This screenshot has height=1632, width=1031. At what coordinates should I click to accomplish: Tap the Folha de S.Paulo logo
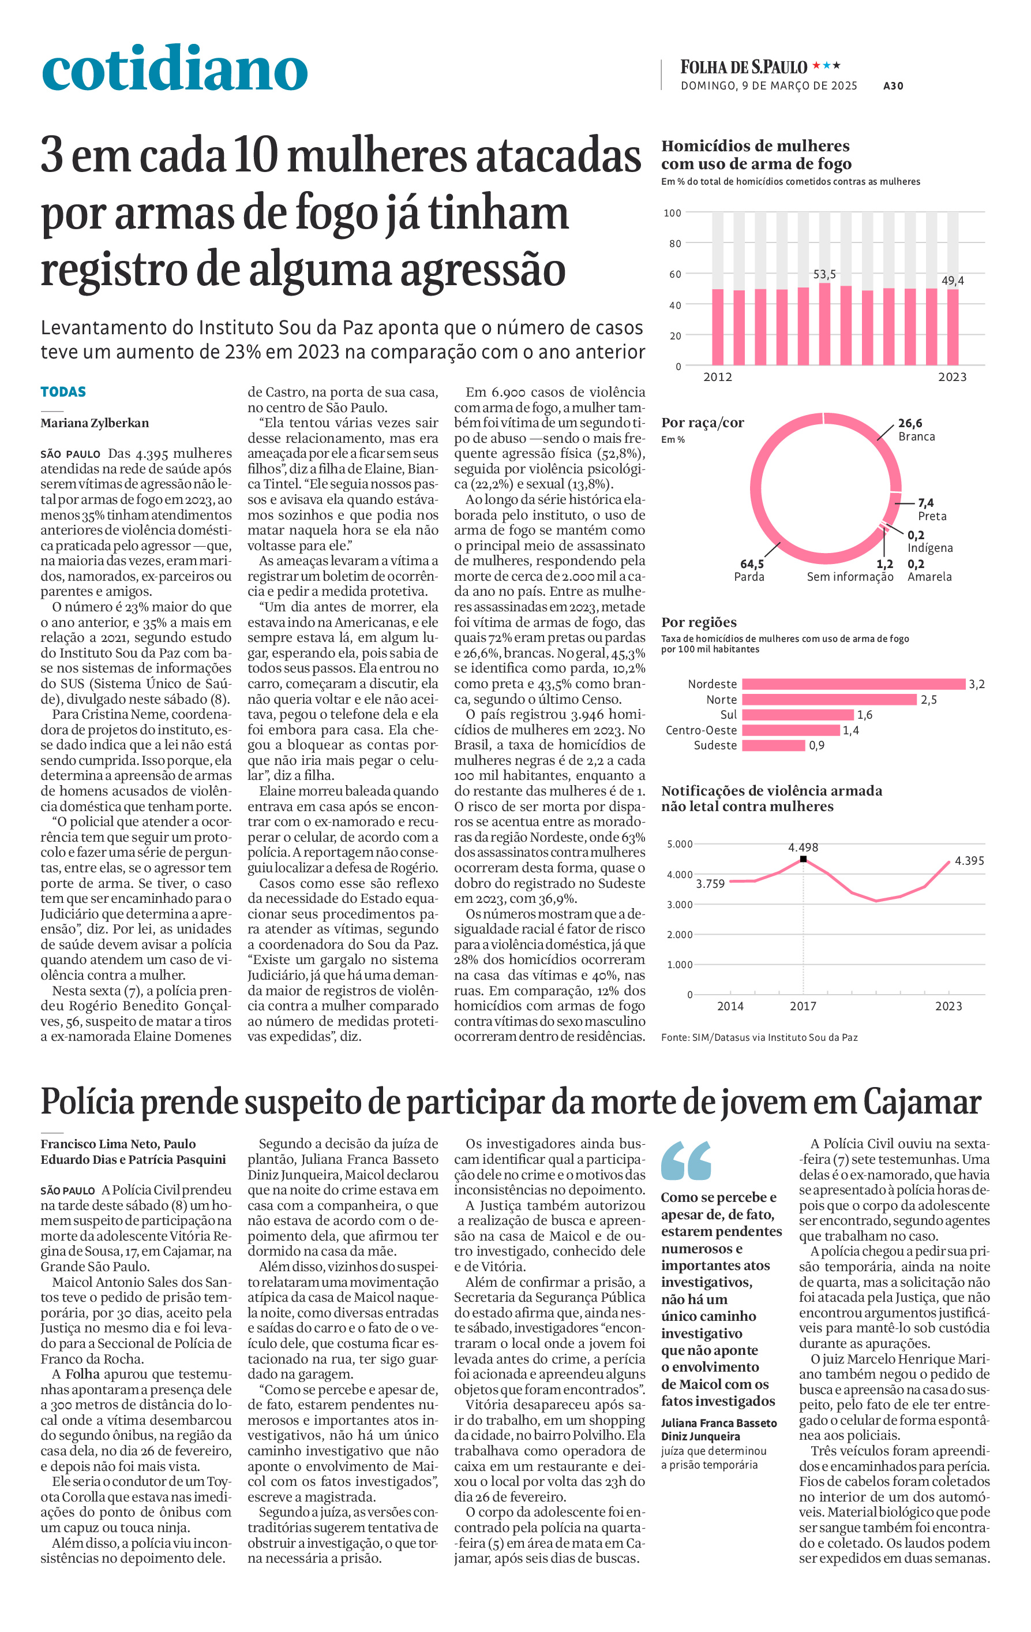pyautogui.click(x=744, y=67)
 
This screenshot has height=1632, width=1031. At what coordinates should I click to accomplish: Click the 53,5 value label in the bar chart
pyautogui.click(x=824, y=274)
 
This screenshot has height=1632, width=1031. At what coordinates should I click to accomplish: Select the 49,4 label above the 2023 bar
pyautogui.click(x=953, y=281)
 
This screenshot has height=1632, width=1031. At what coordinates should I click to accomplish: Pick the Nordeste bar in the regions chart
pyautogui.click(x=853, y=684)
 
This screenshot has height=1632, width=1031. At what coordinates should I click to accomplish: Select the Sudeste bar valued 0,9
pyautogui.click(x=774, y=745)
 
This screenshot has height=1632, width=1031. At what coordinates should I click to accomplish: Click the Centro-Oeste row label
pyautogui.click(x=701, y=730)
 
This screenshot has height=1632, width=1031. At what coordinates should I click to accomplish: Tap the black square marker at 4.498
pyautogui.click(x=803, y=858)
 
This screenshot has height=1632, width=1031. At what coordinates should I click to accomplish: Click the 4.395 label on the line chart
pyautogui.click(x=969, y=861)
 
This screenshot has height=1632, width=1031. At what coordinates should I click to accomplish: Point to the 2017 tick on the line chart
pyautogui.click(x=803, y=1006)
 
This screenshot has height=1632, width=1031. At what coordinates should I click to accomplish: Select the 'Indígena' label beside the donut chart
pyautogui.click(x=930, y=548)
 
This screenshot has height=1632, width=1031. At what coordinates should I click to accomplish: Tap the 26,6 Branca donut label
pyautogui.click(x=917, y=430)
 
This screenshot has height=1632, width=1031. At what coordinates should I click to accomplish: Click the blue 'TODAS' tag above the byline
pyautogui.click(x=63, y=392)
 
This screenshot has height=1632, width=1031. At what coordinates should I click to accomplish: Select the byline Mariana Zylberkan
pyautogui.click(x=95, y=423)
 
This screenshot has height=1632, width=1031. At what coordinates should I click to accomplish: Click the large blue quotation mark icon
pyautogui.click(x=686, y=1161)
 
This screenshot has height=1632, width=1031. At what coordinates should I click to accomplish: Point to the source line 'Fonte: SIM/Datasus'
pyautogui.click(x=759, y=1037)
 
